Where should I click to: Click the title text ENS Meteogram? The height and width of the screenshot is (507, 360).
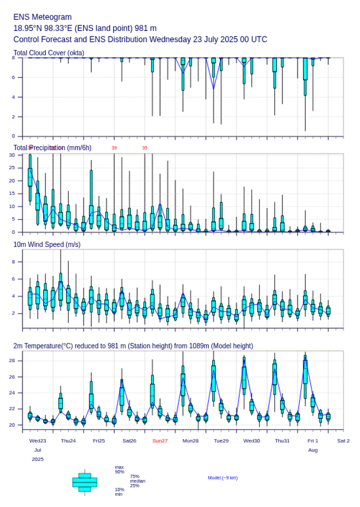point(43,17)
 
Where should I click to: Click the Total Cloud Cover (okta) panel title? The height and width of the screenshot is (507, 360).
point(49,53)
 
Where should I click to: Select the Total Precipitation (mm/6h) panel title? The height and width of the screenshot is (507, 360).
point(53,148)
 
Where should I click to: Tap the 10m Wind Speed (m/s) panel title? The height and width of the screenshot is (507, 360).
point(47,244)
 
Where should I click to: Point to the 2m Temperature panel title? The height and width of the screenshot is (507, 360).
point(133,346)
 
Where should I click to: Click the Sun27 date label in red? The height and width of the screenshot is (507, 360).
point(160,441)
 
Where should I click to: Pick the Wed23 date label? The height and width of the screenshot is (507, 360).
point(38,441)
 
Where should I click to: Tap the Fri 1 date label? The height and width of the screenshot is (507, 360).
point(313,441)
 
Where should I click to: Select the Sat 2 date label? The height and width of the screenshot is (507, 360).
point(343,441)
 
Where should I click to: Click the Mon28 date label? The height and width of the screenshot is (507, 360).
point(191,441)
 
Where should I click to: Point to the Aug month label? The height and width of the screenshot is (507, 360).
point(313,450)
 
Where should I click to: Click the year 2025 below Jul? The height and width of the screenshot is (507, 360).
point(38,459)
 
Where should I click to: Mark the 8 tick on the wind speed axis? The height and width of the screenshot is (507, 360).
point(18,261)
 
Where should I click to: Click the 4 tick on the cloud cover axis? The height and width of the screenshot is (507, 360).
point(18,97)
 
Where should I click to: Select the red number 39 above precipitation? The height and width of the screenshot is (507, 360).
point(114,148)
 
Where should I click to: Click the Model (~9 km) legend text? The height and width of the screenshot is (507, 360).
point(223,478)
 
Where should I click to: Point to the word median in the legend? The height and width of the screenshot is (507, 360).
point(137,481)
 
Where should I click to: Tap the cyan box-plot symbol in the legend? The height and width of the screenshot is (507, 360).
point(85,482)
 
